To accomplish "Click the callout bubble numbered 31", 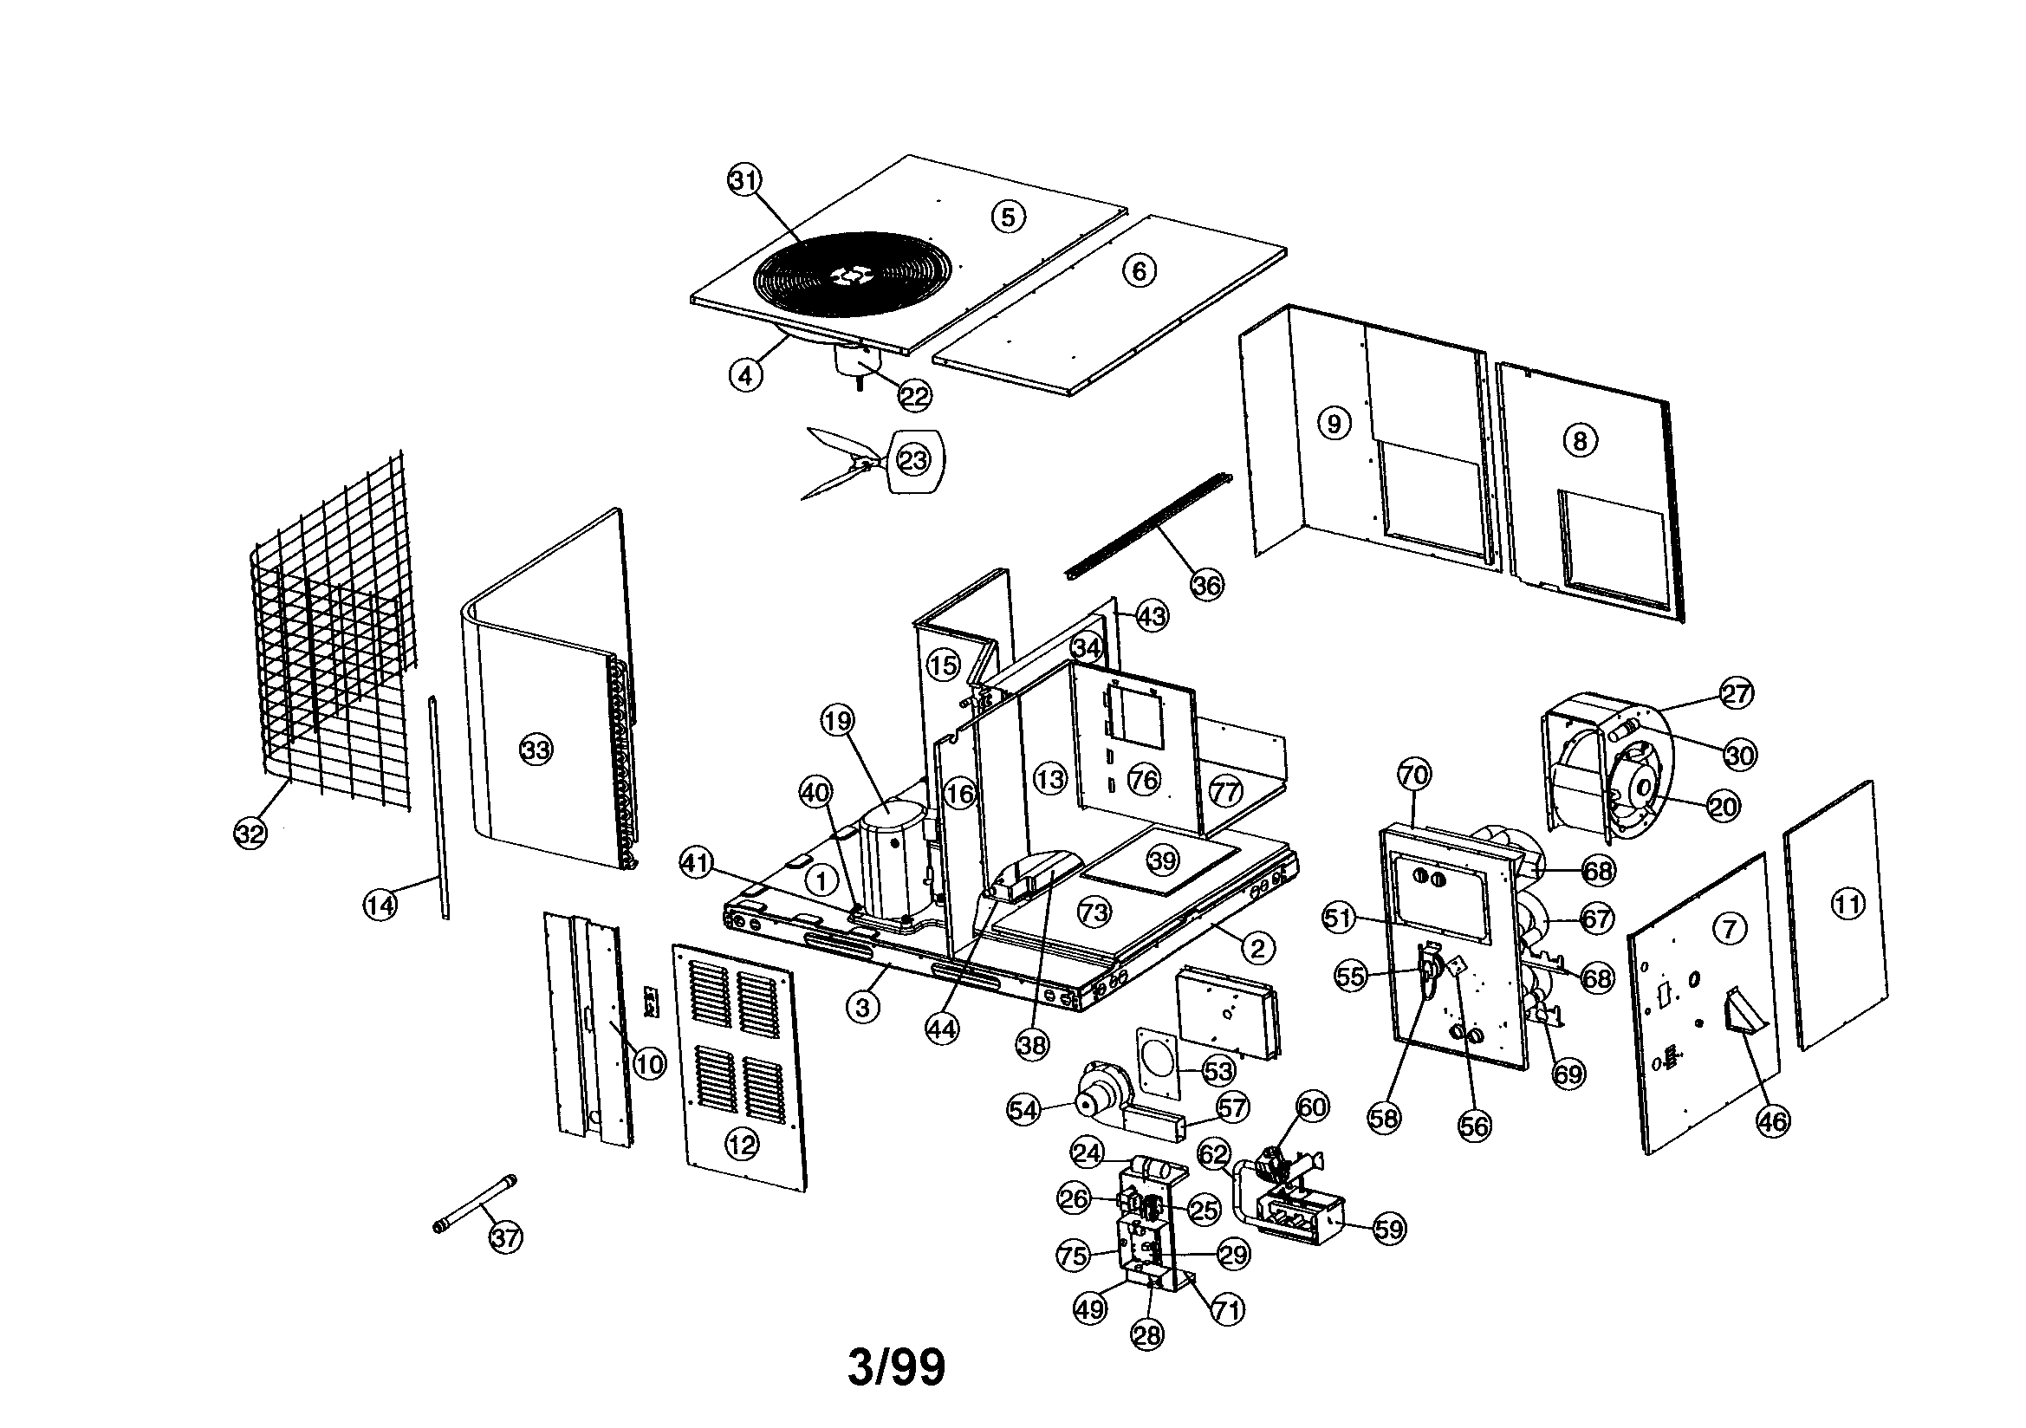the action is (x=743, y=180).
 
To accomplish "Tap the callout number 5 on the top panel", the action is (x=1009, y=217).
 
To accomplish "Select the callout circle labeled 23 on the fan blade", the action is (x=913, y=460).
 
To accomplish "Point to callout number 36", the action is (x=1207, y=584).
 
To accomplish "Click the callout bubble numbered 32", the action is (x=250, y=834).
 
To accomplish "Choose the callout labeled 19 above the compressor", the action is (x=837, y=721).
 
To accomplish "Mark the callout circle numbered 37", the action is (x=505, y=1237).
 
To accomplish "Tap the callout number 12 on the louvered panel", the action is (x=741, y=1146).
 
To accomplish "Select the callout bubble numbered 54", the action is (x=1023, y=1110).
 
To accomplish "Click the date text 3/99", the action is (x=896, y=1367).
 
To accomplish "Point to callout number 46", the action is (x=1774, y=1121).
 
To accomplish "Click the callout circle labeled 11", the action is (x=1847, y=903).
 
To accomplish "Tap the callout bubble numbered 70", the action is (x=1413, y=775).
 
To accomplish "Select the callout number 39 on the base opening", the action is (x=1163, y=860).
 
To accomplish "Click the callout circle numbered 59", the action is (x=1389, y=1229).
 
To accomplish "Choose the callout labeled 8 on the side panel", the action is (x=1581, y=440).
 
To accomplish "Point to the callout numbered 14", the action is (x=380, y=904).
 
